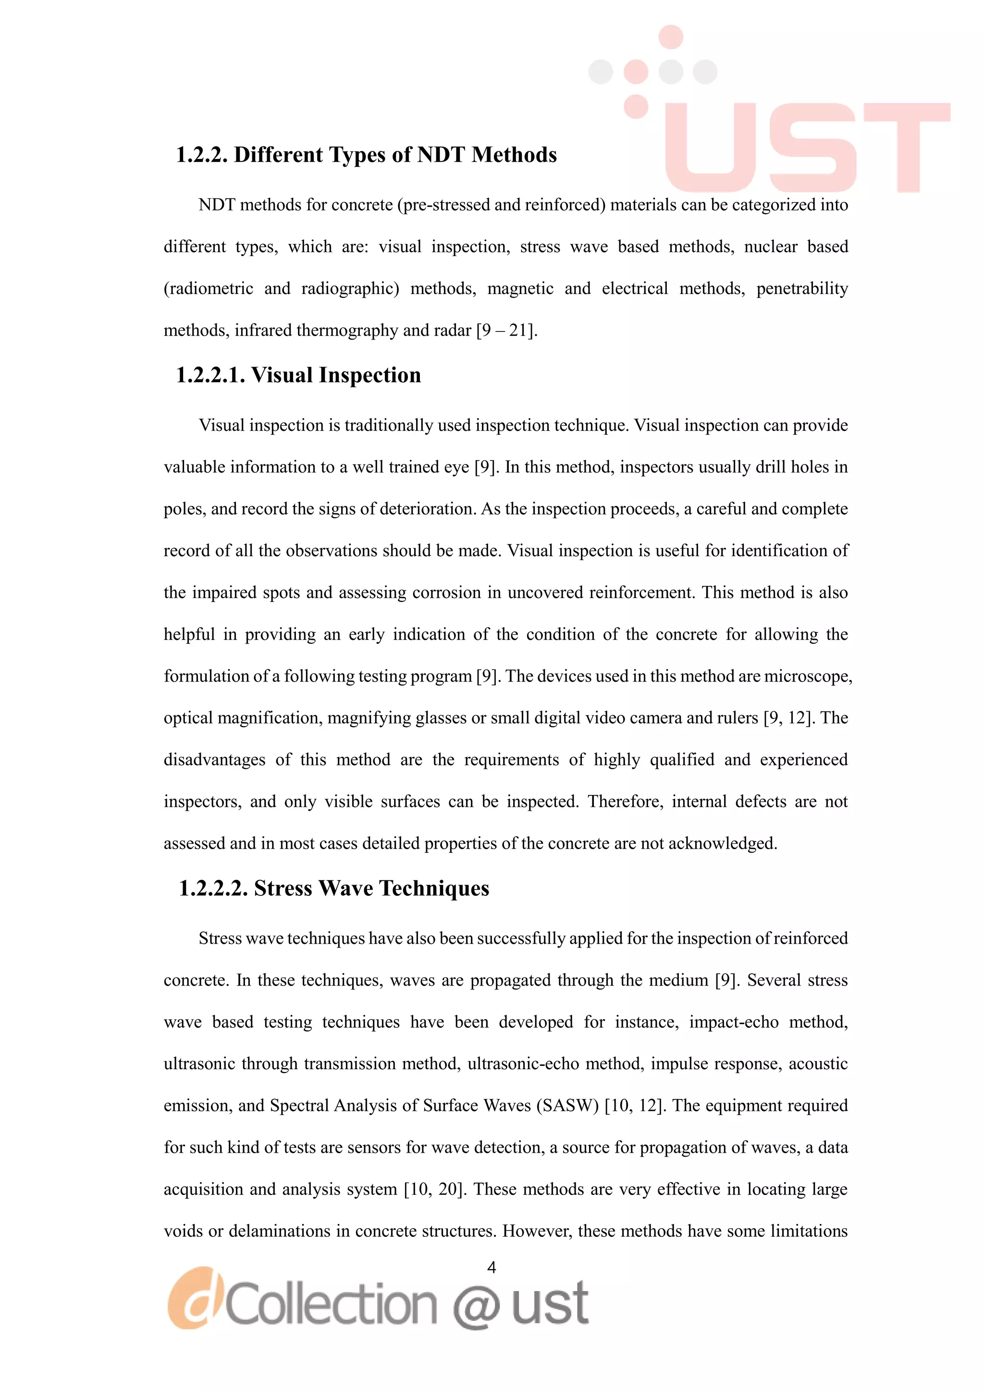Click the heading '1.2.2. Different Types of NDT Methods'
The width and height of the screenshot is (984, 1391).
click(x=366, y=155)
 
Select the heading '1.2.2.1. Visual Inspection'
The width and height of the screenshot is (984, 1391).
click(x=298, y=376)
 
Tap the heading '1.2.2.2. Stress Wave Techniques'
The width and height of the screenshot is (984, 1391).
click(x=334, y=889)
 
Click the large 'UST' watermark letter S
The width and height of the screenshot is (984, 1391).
click(x=813, y=148)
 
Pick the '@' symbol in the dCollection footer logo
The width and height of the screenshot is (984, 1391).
click(x=476, y=1305)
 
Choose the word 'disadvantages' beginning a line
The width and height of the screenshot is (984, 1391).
click(x=214, y=760)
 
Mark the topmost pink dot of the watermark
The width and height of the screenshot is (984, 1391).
click(x=671, y=37)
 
